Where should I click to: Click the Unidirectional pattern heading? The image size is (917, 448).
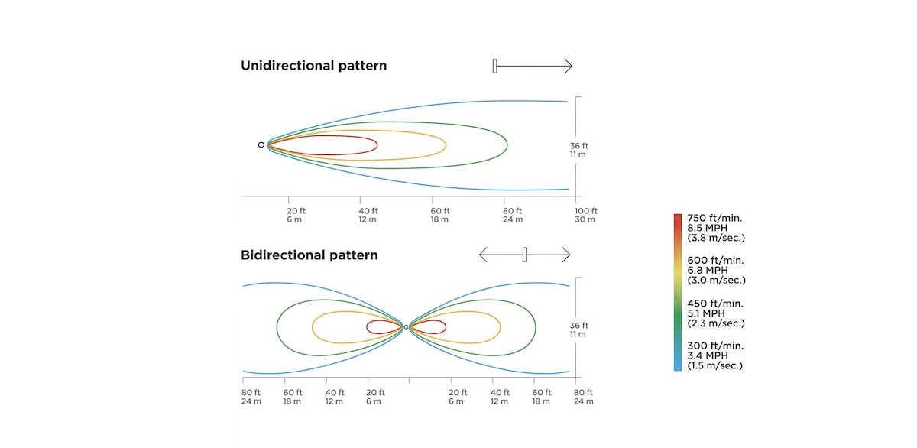(x=313, y=66)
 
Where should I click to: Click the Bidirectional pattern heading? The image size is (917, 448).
(x=309, y=255)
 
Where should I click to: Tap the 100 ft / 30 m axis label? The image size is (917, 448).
(x=586, y=215)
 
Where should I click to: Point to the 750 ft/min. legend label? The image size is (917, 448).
(x=714, y=218)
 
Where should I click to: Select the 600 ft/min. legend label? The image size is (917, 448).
(x=715, y=261)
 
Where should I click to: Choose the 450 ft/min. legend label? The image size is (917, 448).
(x=715, y=304)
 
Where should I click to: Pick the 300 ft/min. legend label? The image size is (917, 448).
(x=715, y=346)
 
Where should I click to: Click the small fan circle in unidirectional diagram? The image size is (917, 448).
(x=261, y=145)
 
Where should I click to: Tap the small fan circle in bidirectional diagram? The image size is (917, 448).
(x=406, y=326)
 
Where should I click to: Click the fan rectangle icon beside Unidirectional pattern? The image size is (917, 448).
(x=494, y=66)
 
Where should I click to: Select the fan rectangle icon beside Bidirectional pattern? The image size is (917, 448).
(x=524, y=255)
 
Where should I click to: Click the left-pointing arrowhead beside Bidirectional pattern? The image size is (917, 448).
(x=483, y=255)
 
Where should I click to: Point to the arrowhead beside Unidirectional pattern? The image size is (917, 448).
(x=569, y=66)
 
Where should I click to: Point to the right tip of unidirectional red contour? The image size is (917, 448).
(x=377, y=145)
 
